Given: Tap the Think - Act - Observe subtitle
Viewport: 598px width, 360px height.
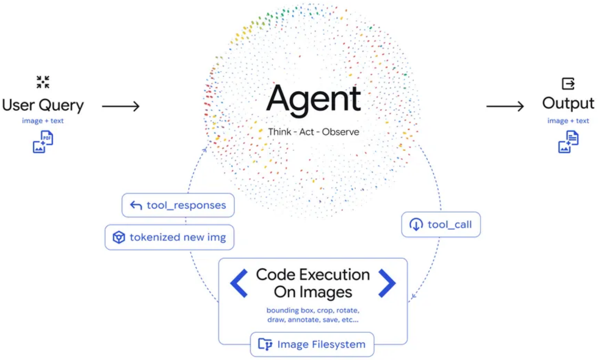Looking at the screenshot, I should click(x=313, y=132).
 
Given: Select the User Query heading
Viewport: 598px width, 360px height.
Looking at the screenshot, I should click(x=43, y=105).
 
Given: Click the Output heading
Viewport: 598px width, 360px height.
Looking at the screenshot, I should click(x=568, y=103).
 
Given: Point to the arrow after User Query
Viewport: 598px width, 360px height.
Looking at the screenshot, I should click(x=121, y=106).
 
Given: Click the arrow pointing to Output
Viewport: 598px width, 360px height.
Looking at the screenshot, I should click(x=505, y=106).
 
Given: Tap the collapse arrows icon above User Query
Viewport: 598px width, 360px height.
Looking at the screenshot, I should click(x=43, y=82).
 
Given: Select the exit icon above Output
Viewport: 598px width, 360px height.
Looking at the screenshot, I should click(x=568, y=84).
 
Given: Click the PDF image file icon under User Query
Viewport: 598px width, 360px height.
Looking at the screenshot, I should click(x=43, y=141).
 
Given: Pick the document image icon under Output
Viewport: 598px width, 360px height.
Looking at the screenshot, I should click(x=568, y=141).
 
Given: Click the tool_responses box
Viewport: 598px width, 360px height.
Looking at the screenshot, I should click(x=178, y=205).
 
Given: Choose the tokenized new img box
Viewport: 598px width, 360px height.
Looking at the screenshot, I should click(x=170, y=237).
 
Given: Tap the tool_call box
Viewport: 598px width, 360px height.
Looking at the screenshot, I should click(x=441, y=225).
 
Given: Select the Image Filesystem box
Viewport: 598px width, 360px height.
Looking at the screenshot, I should click(x=312, y=344).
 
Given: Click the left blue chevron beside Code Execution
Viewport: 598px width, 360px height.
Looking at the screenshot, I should click(x=239, y=283).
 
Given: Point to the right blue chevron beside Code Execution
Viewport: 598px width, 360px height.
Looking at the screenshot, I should click(x=387, y=283).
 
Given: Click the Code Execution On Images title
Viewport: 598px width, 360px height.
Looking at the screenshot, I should click(x=313, y=283).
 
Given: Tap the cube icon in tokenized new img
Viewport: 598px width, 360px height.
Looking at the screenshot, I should click(x=119, y=237).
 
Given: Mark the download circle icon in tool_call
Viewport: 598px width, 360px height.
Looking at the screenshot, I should click(x=416, y=225).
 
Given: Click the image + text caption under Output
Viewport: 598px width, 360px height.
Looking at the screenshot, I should click(x=568, y=121).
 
